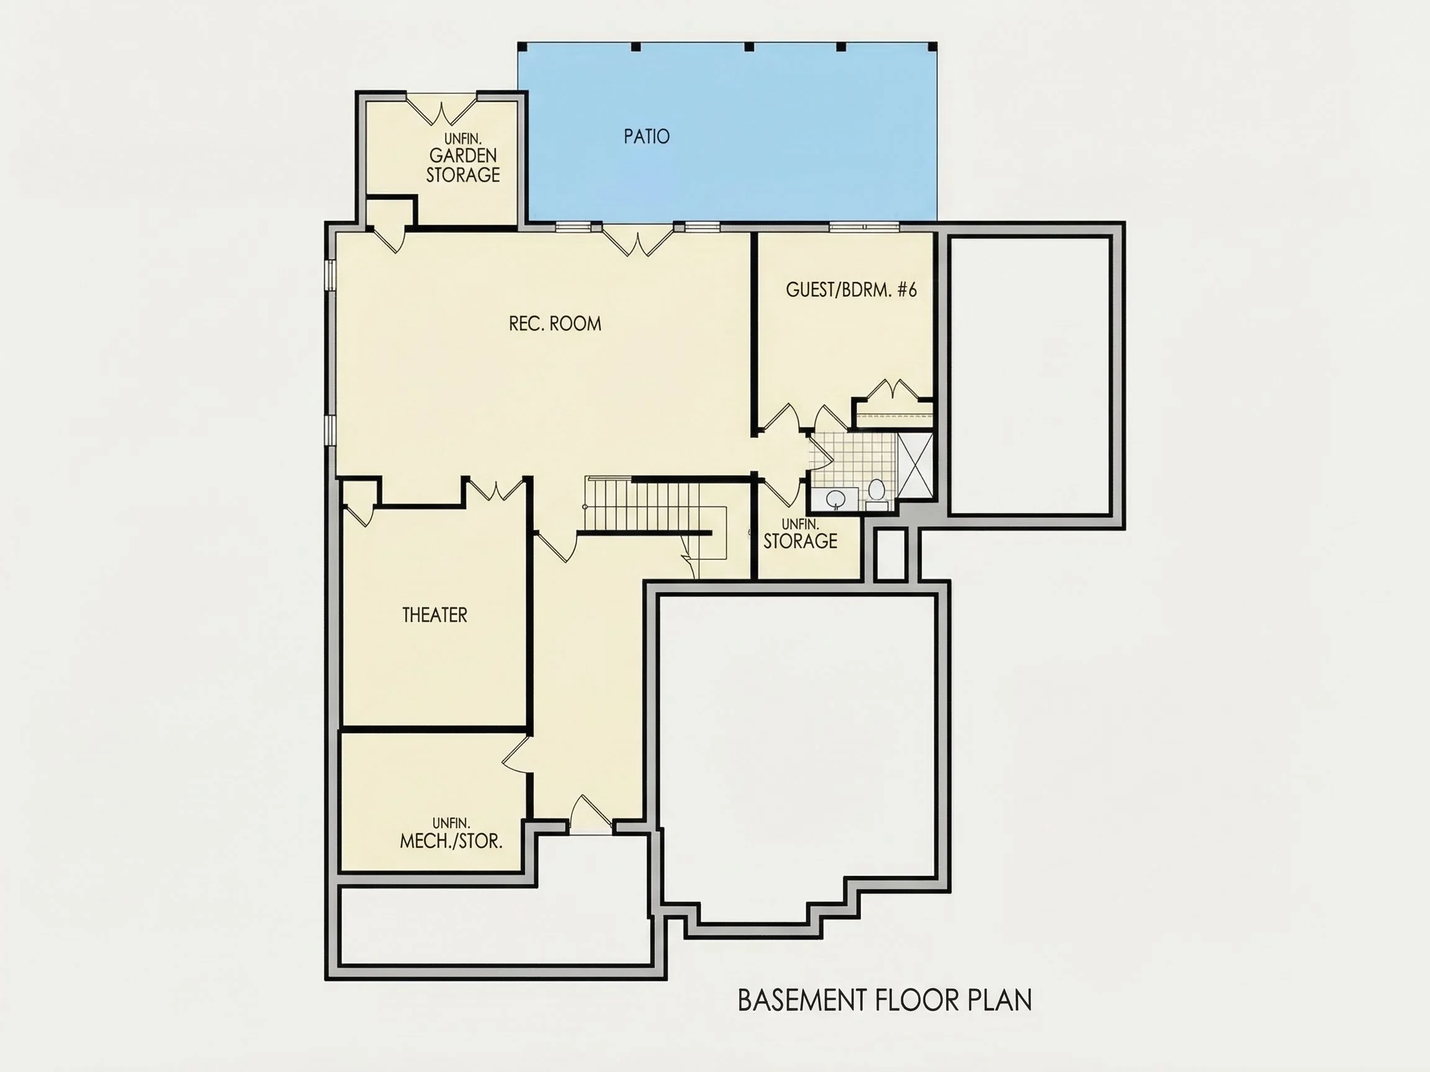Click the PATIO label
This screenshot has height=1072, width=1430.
(x=647, y=136)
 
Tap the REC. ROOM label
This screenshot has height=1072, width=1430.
(x=555, y=324)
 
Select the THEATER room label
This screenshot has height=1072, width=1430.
(x=434, y=615)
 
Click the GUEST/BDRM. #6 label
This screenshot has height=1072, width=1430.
(x=852, y=290)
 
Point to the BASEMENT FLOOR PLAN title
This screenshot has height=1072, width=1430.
(x=884, y=999)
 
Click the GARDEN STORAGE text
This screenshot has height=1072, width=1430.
(x=463, y=165)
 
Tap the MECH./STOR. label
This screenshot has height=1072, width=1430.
(x=451, y=841)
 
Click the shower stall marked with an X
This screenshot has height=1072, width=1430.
(x=915, y=465)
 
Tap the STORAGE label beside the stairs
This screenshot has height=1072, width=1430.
(x=800, y=541)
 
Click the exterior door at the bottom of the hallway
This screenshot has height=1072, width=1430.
(x=590, y=814)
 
